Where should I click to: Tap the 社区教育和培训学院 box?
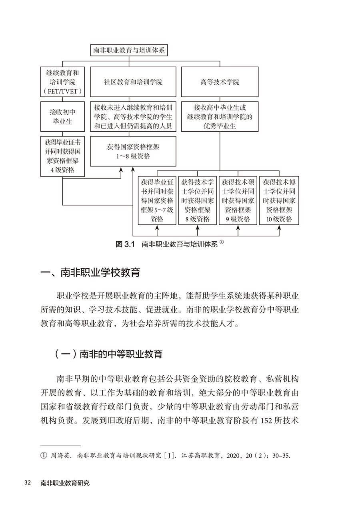133,82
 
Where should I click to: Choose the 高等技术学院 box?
220,82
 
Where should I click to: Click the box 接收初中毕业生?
62,116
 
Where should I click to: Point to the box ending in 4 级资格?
62,156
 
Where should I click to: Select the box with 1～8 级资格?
133,152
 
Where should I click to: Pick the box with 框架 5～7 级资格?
157,200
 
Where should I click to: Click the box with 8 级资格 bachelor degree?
197,200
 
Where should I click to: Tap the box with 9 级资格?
238,200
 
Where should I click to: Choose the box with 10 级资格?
279,200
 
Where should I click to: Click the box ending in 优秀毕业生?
220,116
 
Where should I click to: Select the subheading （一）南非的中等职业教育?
109,354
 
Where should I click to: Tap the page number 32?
28,483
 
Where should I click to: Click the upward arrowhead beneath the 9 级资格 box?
238,227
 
